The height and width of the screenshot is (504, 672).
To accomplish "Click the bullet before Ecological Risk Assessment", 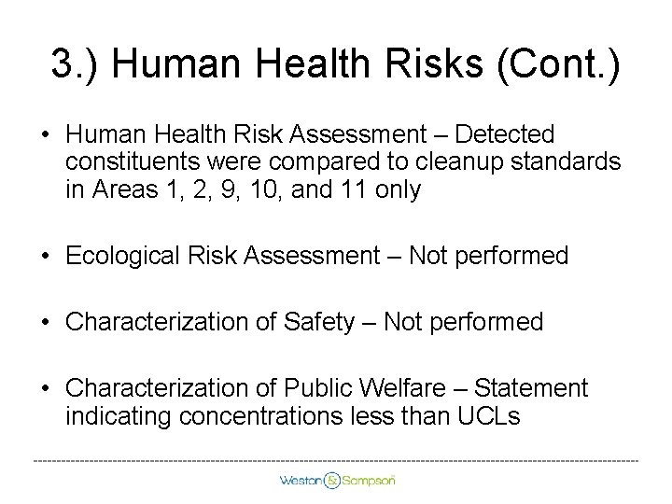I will pyautogui.click(x=45, y=256).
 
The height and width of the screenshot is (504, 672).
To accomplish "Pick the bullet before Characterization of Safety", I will pyautogui.click(x=45, y=323).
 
